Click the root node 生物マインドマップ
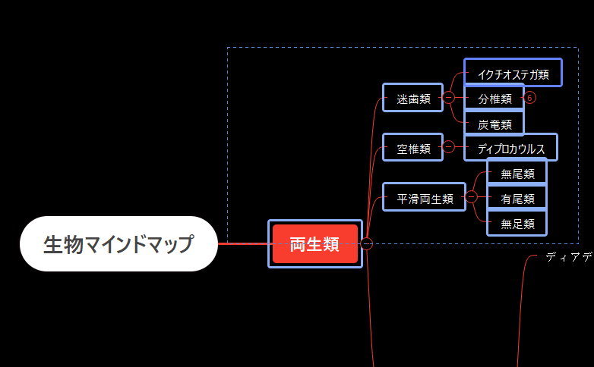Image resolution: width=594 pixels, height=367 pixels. point(118,244)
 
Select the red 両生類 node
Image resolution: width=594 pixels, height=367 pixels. point(315,244)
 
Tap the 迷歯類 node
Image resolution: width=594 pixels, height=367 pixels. point(412,98)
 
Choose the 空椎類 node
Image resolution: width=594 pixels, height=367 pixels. point(412,149)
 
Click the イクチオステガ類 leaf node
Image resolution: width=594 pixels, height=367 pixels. point(513,74)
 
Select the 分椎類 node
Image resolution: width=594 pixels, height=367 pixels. point(494,98)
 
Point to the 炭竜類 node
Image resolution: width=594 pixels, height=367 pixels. point(494,124)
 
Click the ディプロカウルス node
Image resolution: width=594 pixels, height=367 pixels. point(510,148)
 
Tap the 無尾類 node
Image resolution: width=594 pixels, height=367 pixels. point(517,173)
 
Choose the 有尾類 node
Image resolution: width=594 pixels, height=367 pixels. point(517,198)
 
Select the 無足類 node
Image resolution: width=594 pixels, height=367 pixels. point(517,223)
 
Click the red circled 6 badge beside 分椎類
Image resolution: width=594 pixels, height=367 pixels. point(530,98)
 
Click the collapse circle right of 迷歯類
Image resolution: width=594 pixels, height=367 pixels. point(448,98)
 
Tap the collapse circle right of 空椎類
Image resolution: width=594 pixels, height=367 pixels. point(448,147)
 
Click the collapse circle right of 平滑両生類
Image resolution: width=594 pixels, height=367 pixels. point(471,197)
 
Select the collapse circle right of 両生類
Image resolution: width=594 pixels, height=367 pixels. point(367,243)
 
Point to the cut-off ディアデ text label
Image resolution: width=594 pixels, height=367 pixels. point(568,258)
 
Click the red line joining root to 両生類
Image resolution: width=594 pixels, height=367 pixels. point(243,244)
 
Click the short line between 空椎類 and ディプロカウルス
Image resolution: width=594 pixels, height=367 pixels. point(459,147)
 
